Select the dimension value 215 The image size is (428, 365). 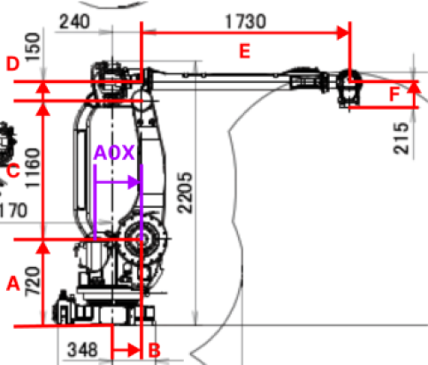(402, 140)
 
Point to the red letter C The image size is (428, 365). (12, 169)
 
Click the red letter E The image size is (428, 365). (245, 51)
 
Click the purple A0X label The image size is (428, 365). (114, 153)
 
